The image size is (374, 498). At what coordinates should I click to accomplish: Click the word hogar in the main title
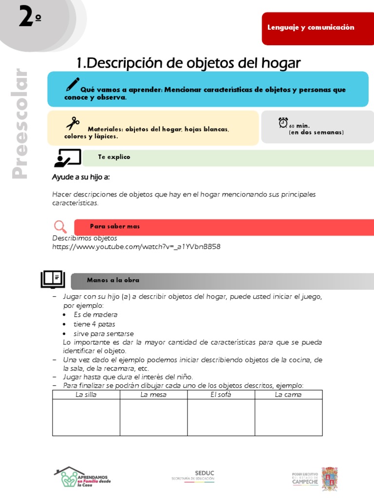click(x=279, y=63)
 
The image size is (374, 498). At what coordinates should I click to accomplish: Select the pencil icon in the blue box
click(x=73, y=85)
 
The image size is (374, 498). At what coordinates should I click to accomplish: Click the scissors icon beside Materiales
click(x=73, y=124)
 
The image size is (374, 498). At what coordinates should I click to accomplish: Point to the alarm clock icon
click(x=283, y=123)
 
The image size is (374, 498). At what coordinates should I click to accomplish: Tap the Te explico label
click(x=114, y=157)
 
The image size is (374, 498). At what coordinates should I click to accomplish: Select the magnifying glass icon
click(x=60, y=227)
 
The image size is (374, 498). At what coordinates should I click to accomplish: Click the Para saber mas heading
click(x=115, y=227)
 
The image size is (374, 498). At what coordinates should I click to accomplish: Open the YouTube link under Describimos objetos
click(x=136, y=247)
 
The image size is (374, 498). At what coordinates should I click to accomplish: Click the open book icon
click(x=52, y=280)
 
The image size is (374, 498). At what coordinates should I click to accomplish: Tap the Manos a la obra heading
click(x=113, y=280)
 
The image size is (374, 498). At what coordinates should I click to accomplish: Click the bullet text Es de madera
click(x=95, y=315)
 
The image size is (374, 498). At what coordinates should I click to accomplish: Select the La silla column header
click(x=86, y=394)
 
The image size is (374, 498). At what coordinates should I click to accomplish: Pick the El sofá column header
click(x=221, y=394)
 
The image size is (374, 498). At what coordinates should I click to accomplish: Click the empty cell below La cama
click(x=288, y=417)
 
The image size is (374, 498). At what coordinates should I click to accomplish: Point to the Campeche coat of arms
click(x=330, y=479)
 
